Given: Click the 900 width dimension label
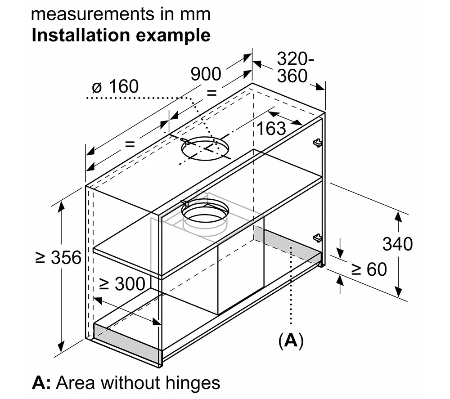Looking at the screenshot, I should click(206, 74).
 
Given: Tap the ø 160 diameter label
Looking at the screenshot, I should click(115, 86).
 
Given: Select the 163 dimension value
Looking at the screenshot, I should click(271, 128).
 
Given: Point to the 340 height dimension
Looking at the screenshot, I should click(397, 244).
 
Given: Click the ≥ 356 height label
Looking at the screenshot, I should click(58, 258).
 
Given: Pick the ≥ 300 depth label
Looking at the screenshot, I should click(122, 284).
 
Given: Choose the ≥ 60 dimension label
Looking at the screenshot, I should click(369, 269).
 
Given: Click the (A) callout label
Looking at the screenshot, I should click(291, 341).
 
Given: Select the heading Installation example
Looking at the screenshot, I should click(121, 35).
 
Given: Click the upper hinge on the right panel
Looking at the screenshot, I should click(317, 143).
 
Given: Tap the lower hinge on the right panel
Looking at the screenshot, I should click(318, 237).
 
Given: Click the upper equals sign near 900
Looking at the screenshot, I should click(211, 94).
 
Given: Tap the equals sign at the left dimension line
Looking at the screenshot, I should click(130, 144).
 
